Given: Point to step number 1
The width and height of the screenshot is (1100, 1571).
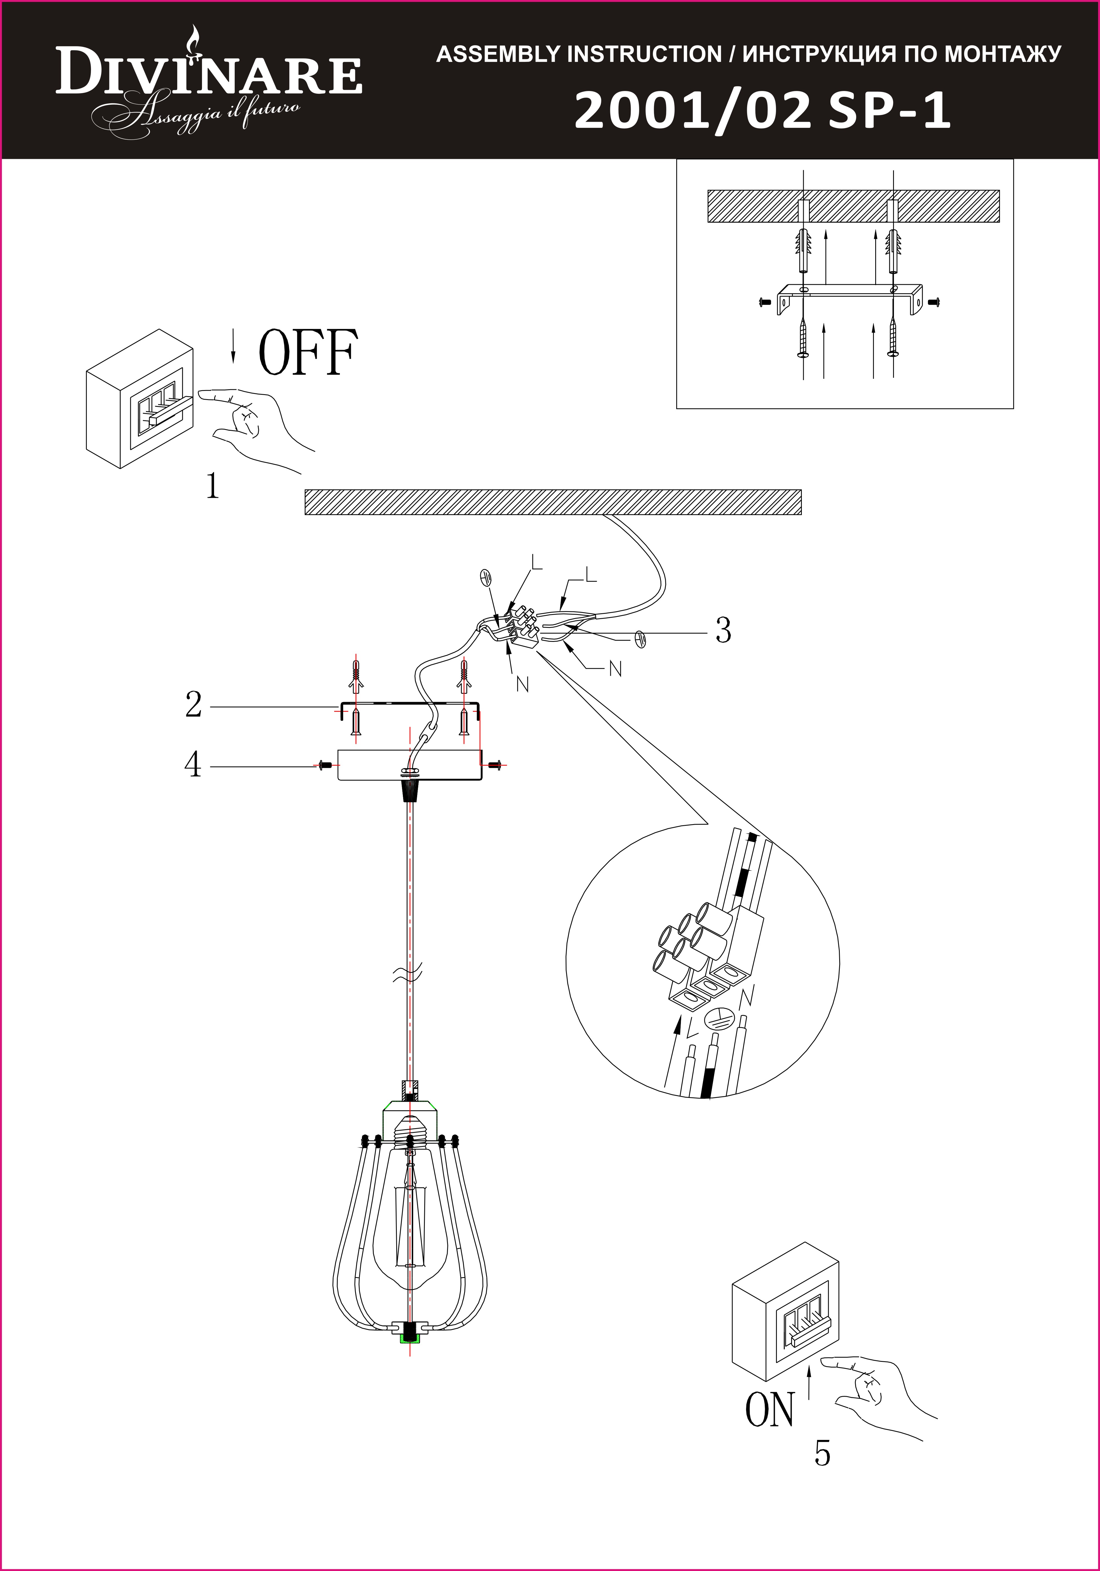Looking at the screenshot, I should pyautogui.click(x=213, y=486).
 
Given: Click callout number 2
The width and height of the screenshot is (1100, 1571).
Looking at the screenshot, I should pyautogui.click(x=194, y=705).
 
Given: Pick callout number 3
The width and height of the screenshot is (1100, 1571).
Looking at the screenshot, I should pyautogui.click(x=723, y=630).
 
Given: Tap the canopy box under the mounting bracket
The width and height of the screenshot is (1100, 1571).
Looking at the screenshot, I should pyautogui.click(x=409, y=765).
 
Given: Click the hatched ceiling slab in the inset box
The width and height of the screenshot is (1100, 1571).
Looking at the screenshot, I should pyautogui.click(x=853, y=206).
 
